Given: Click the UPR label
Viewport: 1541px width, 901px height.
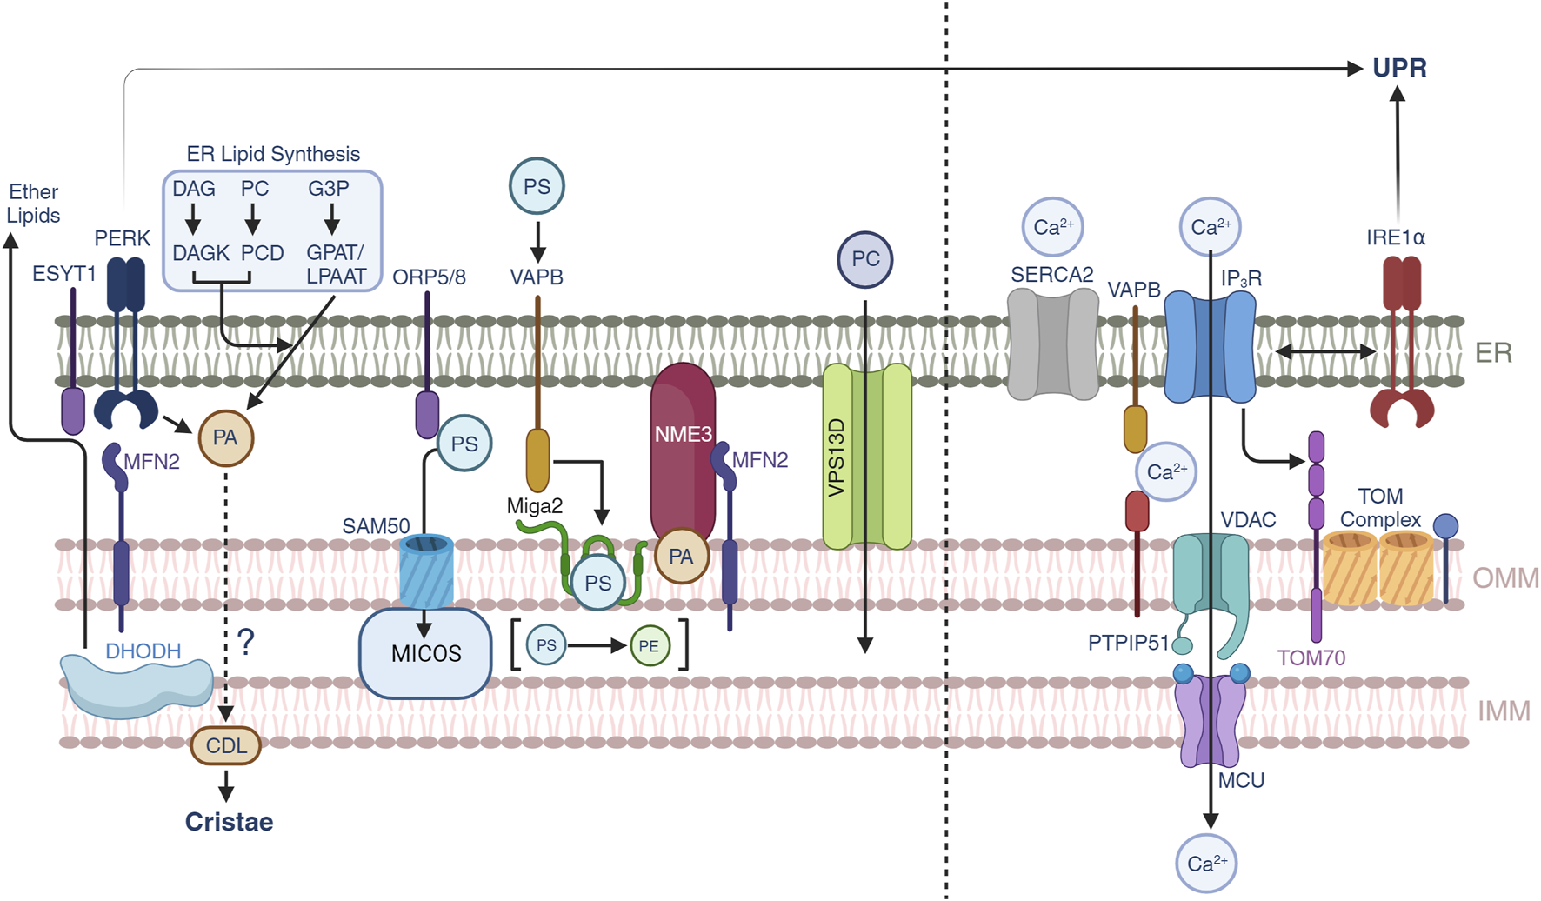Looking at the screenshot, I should point(1398,68).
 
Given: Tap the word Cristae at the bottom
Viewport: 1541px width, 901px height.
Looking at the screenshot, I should point(229,821).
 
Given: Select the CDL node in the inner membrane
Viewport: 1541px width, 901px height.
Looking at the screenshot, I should point(226,745).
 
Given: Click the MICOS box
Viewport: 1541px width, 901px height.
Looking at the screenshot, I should point(425,653).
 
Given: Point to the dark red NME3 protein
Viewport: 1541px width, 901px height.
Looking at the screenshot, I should point(683,452).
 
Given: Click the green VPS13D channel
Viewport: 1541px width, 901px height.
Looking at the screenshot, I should point(866,457).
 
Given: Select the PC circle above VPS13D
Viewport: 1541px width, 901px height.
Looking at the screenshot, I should point(864,259).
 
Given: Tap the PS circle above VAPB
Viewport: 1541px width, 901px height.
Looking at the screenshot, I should point(537,186).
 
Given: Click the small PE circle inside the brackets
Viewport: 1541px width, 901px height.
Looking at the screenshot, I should point(650,645).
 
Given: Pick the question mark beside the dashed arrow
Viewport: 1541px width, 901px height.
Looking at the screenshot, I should point(246,642).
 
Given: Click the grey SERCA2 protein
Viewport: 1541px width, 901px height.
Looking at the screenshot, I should point(1052,344).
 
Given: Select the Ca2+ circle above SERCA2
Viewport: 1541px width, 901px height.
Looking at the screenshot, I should point(1052,227).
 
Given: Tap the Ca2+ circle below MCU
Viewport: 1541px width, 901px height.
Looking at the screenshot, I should point(1207,864).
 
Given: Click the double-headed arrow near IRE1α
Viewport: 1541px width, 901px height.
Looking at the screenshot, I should point(1325,351).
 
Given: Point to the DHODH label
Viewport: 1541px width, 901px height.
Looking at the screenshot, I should point(143,651).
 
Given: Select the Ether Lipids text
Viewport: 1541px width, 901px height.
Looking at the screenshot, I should point(33,204).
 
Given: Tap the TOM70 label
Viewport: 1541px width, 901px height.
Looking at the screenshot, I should point(1311,657).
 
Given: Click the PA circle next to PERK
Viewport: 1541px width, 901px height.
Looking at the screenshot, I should point(225,437).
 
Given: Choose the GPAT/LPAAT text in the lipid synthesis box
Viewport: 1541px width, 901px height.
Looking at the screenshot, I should point(336,264).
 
